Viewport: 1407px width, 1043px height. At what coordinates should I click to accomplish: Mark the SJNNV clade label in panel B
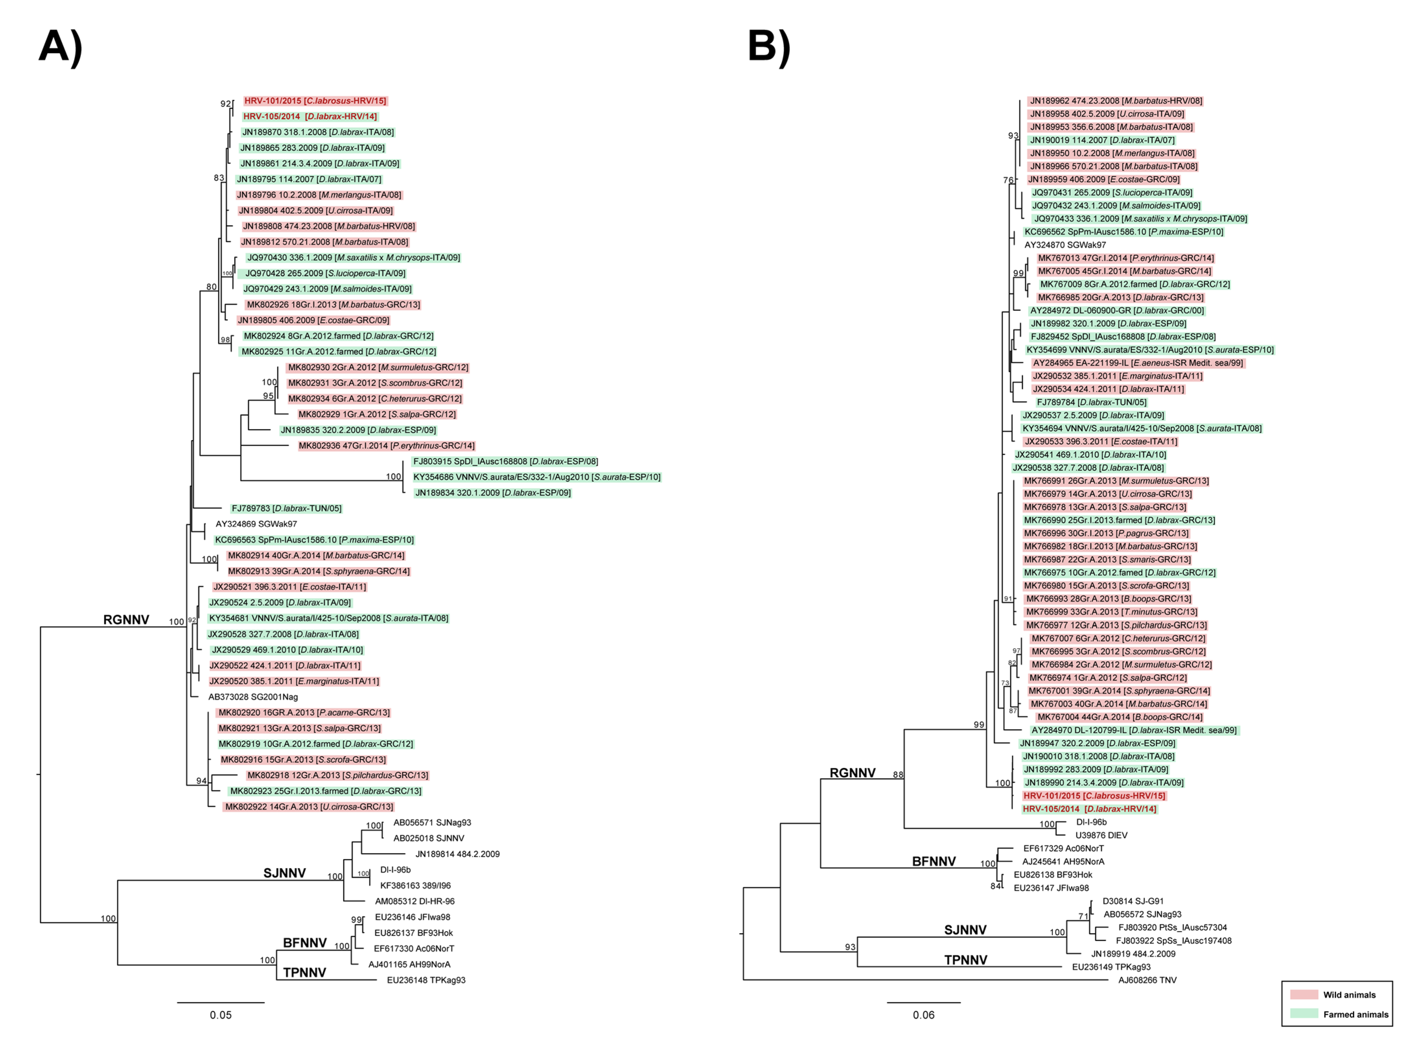(965, 930)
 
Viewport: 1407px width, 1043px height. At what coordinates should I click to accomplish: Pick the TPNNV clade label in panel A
(305, 972)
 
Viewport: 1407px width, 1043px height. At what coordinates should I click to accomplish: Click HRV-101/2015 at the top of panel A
(315, 101)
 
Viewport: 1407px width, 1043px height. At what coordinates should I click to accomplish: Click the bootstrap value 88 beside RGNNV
(898, 775)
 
